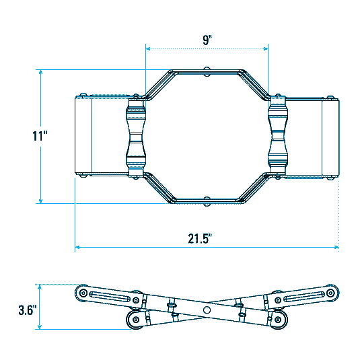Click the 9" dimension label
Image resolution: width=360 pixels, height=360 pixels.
[207, 40]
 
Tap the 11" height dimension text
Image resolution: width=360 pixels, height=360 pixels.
[40, 136]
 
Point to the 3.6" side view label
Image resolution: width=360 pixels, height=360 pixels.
[27, 311]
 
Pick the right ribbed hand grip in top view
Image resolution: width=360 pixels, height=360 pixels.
[278, 137]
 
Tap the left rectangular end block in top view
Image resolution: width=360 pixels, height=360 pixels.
[83, 137]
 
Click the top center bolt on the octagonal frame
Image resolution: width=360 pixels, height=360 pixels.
[207, 70]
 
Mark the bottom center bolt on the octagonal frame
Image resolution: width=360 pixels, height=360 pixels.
[207, 200]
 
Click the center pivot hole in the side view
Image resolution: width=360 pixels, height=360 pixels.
[207, 310]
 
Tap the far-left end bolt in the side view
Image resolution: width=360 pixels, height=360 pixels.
[83, 293]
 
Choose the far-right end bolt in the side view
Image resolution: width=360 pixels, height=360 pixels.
[330, 293]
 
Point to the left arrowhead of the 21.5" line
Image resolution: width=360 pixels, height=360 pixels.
[77, 248]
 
